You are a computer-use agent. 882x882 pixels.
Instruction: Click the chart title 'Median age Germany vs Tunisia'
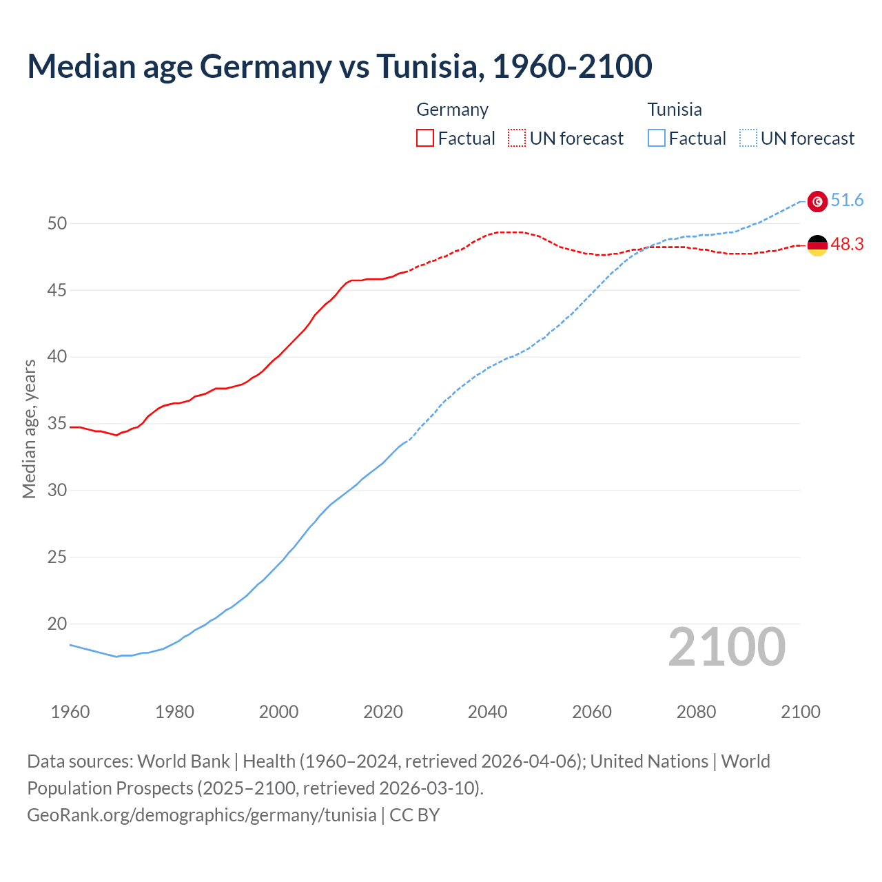[x=339, y=67]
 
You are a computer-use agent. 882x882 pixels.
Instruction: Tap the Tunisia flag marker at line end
[x=817, y=201]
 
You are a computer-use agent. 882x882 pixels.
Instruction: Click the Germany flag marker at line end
[x=817, y=245]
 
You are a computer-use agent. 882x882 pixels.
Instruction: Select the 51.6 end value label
[x=847, y=201]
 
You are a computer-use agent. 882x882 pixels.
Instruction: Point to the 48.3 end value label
[x=847, y=245]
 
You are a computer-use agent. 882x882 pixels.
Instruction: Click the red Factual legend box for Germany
[x=425, y=139]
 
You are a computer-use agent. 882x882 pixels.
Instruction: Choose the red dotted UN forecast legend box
[x=517, y=139]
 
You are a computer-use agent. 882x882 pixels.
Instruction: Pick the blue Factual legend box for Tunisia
[x=657, y=139]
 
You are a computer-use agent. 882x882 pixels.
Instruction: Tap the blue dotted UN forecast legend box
[x=748, y=139]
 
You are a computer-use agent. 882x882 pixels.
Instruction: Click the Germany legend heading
[x=452, y=110]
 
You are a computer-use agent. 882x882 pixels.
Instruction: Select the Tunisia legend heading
[x=674, y=110]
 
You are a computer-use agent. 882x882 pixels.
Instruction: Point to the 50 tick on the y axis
[x=57, y=223]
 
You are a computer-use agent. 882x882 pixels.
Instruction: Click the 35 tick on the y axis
[x=57, y=424]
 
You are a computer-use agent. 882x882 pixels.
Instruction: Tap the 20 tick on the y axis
[x=57, y=624]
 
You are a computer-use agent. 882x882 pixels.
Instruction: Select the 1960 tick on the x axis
[x=70, y=712]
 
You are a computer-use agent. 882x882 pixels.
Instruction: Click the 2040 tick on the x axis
[x=487, y=712]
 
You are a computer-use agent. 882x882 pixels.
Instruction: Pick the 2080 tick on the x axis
[x=696, y=712]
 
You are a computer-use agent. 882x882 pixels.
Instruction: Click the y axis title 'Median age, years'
[x=29, y=429]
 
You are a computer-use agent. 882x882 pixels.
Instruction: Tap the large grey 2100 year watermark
[x=726, y=646]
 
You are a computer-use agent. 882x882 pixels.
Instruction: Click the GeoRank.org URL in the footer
[x=202, y=815]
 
